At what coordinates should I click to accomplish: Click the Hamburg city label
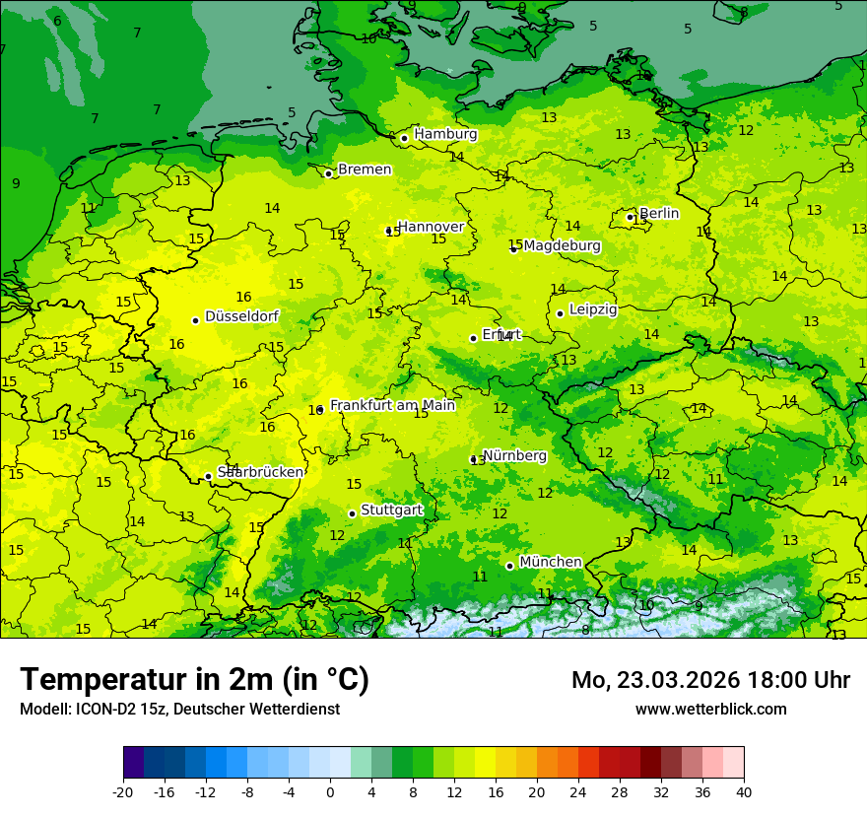pos(445,134)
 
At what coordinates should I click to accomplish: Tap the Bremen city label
pos(365,170)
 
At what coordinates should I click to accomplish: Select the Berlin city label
pos(659,213)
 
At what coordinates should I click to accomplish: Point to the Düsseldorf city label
pos(241,316)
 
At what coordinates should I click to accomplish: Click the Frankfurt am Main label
pos(392,405)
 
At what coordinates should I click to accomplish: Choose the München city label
pos(550,562)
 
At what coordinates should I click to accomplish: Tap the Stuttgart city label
pos(391,510)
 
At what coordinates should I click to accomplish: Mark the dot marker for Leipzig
pos(560,313)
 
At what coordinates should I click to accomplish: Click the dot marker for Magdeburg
pos(513,249)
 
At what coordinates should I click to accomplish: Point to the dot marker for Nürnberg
pos(473,459)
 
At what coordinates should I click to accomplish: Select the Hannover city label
pos(431,227)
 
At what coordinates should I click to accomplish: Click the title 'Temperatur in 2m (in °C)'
pos(194,680)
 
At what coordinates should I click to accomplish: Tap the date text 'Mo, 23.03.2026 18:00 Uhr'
pos(710,680)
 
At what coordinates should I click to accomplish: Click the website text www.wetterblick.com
pos(710,710)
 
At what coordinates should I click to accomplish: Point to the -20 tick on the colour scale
pos(123,791)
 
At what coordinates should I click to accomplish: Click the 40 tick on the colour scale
pos(744,791)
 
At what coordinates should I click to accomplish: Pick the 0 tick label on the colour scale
pos(330,791)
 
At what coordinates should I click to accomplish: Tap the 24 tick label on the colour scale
pos(578,791)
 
